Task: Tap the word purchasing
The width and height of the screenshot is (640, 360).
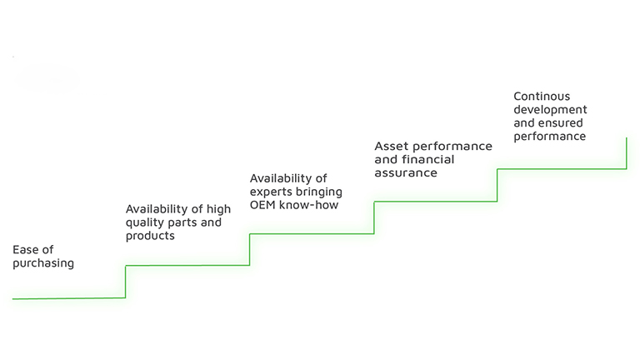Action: (x=43, y=263)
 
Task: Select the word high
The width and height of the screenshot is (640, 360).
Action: (x=218, y=209)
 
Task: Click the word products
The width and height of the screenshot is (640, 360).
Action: (x=150, y=236)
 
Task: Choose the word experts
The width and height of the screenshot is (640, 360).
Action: (x=271, y=192)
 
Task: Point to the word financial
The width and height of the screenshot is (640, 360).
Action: (x=428, y=159)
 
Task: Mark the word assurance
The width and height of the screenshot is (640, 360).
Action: (x=406, y=173)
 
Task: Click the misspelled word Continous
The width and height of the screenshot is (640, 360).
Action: (x=542, y=97)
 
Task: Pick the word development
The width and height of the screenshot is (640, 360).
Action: (x=550, y=110)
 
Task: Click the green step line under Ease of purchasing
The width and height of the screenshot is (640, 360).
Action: (x=69, y=298)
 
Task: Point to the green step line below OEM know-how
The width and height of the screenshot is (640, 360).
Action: (x=312, y=234)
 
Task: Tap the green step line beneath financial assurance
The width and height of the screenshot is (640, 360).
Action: (x=436, y=201)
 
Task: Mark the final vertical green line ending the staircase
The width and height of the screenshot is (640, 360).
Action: (x=627, y=153)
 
